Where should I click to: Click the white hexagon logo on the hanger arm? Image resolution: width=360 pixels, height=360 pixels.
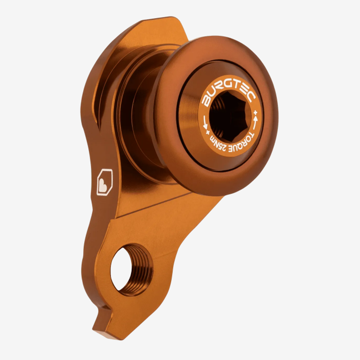point(104,182)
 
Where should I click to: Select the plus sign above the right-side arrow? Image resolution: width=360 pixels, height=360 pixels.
point(256,111)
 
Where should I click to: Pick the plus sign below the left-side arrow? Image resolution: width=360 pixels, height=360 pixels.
point(207,133)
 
